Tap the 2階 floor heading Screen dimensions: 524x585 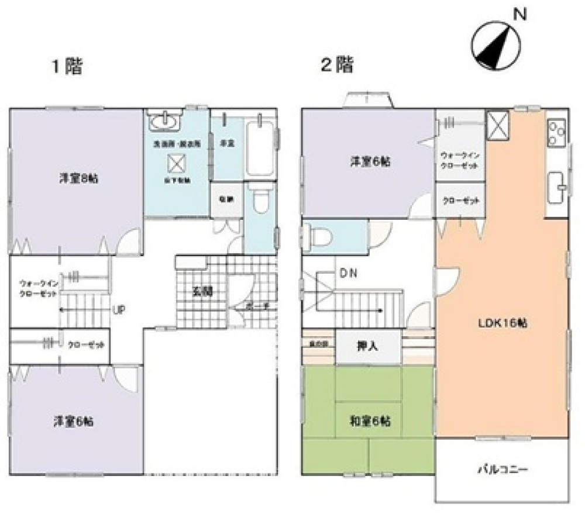coord(336,64)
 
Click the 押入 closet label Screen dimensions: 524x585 coord(367,345)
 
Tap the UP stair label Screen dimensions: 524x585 coord(118,309)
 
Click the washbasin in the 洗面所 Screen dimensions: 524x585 coord(166,122)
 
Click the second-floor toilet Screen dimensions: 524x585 coord(318,237)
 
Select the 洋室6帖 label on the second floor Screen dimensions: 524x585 coord(370,162)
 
